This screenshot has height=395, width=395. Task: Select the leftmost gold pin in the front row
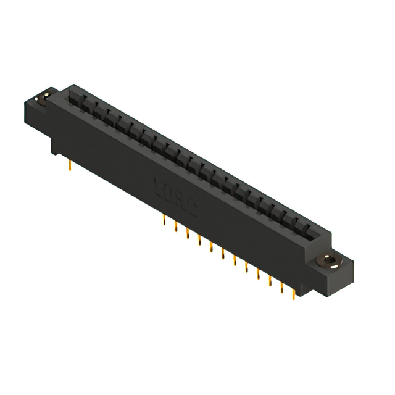(x=164, y=220)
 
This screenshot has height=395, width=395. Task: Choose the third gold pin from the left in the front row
(x=188, y=235)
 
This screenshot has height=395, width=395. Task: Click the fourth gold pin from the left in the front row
(x=199, y=241)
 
